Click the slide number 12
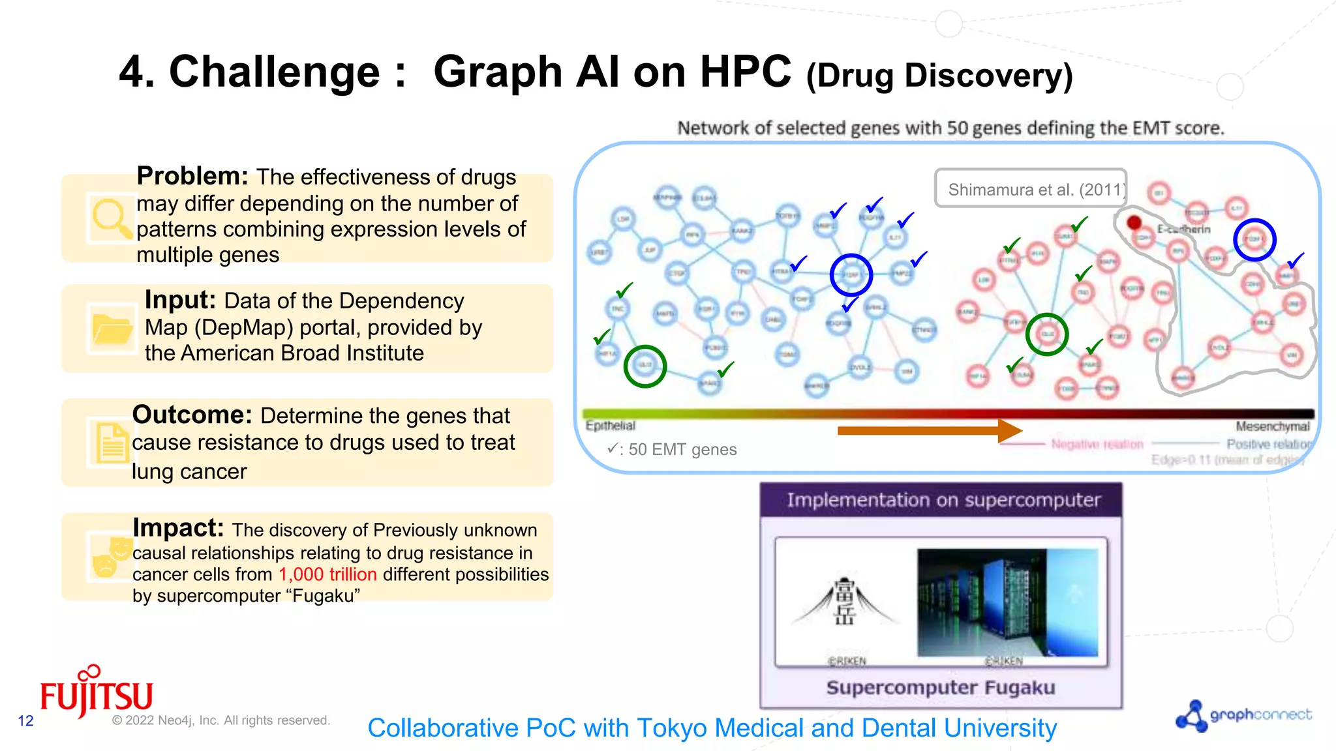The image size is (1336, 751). click(25, 720)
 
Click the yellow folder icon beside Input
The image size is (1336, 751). click(112, 328)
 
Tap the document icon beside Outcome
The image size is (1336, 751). click(112, 443)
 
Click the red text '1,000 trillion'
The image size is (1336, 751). click(327, 574)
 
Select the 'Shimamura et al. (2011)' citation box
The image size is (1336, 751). click(1031, 189)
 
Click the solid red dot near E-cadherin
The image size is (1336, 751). click(1134, 223)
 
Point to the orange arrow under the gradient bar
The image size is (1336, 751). click(929, 430)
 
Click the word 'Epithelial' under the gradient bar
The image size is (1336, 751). click(610, 426)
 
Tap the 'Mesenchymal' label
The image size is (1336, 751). click(1272, 426)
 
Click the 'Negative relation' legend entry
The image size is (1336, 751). click(1097, 444)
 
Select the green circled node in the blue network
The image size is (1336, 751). click(645, 366)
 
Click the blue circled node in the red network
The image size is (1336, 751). click(1254, 240)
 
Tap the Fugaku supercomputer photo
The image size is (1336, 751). click(1007, 602)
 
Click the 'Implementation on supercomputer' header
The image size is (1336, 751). click(943, 500)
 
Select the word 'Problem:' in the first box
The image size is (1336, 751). click(192, 176)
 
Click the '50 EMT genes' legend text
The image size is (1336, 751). click(682, 449)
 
